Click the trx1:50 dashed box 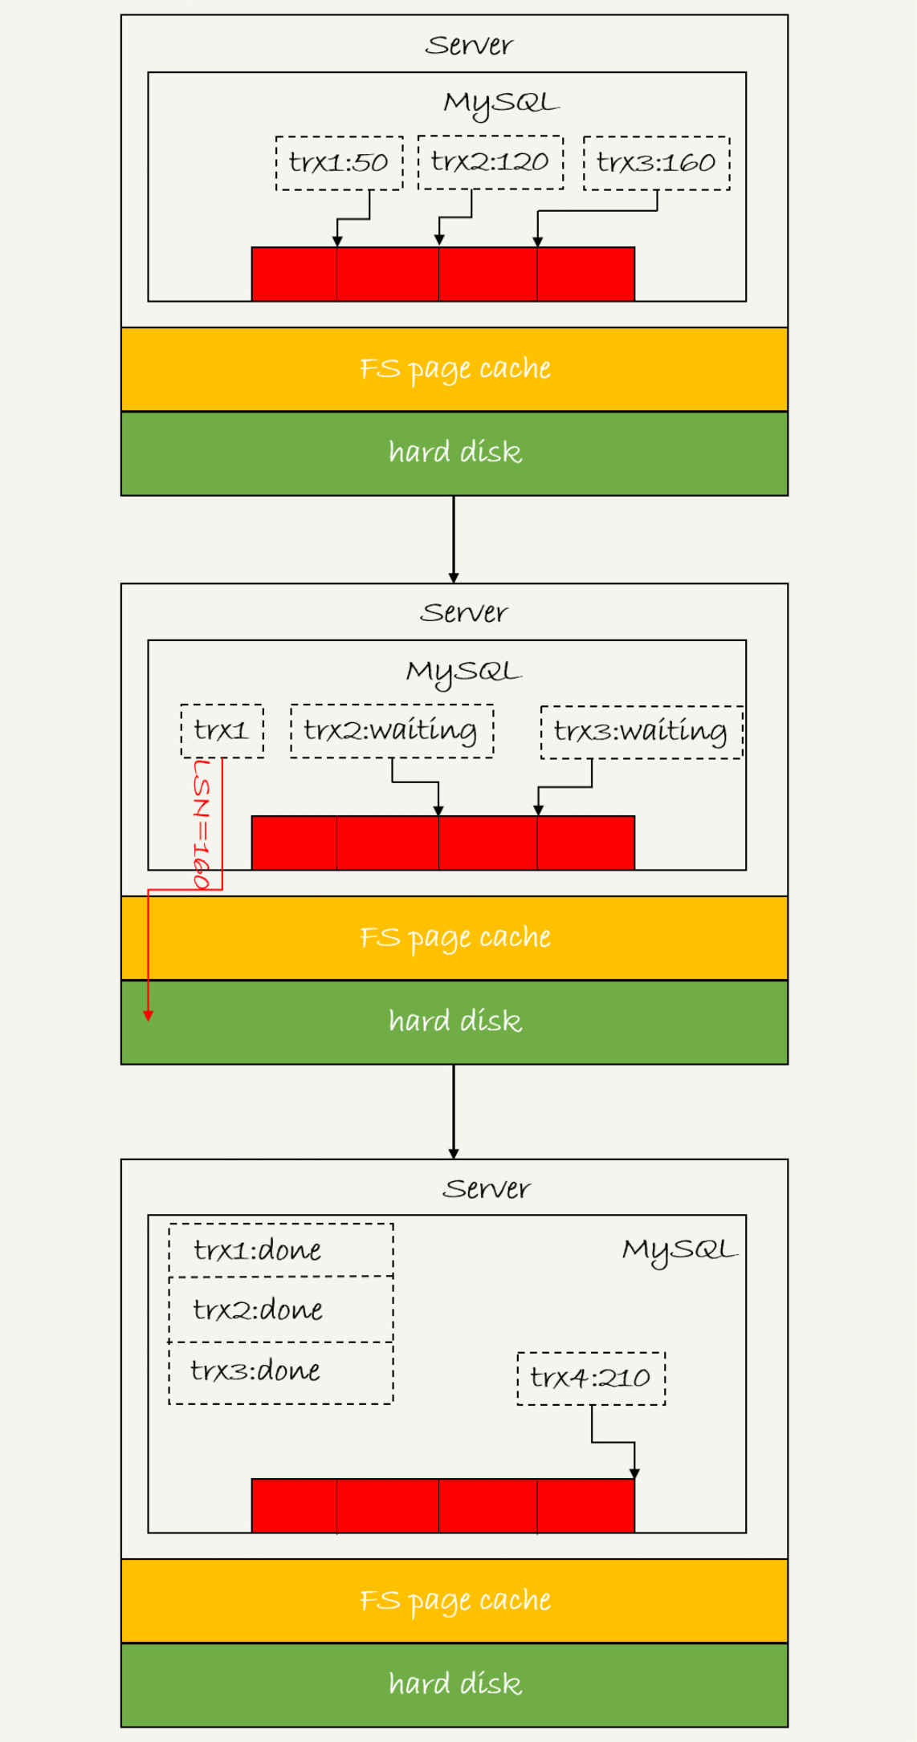click(339, 163)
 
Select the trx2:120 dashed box click(490, 162)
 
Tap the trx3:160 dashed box click(656, 163)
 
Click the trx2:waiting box click(391, 730)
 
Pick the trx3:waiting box click(641, 731)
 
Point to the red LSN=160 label click(202, 824)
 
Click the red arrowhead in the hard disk click(149, 1016)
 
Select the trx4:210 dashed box click(591, 1378)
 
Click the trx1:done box click(280, 1250)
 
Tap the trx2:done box click(280, 1310)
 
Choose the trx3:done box click(280, 1371)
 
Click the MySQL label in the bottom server click(679, 1249)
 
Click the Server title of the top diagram click(469, 45)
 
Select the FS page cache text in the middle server click(454, 937)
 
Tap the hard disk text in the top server click(454, 453)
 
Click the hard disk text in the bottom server click(454, 1683)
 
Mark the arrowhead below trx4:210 click(634, 1473)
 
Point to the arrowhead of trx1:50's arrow click(337, 241)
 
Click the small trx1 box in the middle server click(222, 730)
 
